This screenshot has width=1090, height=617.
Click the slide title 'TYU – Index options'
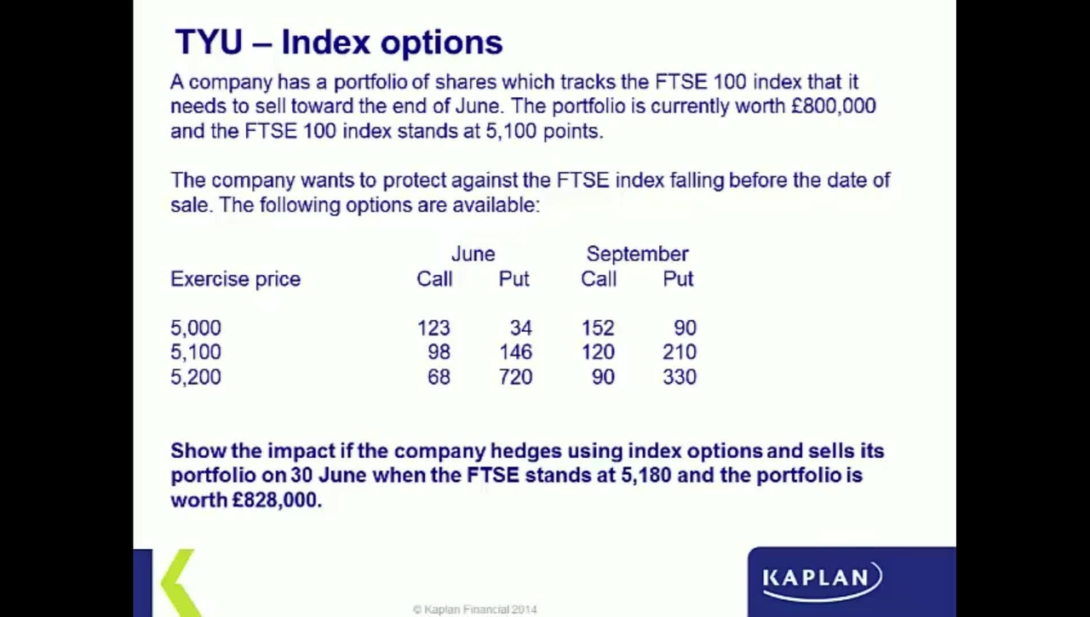pos(339,43)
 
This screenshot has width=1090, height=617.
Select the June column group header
pos(473,254)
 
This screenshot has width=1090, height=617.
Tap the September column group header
pos(638,254)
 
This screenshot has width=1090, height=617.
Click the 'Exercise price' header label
pos(236,280)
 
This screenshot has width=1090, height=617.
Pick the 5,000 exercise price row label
pos(196,328)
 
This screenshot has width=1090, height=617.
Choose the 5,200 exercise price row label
pos(196,377)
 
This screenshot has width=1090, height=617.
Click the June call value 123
pos(433,328)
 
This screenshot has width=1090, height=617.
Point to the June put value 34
pos(520,328)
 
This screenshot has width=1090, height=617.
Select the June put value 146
pos(516,352)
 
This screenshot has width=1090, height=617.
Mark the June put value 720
pos(516,377)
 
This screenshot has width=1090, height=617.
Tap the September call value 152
pos(598,328)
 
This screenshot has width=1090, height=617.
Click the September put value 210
pos(680,352)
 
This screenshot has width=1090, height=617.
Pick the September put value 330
pos(680,377)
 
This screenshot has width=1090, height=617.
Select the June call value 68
pos(439,377)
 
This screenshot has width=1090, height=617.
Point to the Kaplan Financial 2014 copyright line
pos(475,609)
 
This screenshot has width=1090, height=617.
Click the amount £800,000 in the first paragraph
pos(834,106)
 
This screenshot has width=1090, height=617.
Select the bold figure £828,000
pos(277,500)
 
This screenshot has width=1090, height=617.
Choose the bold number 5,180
pos(646,476)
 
